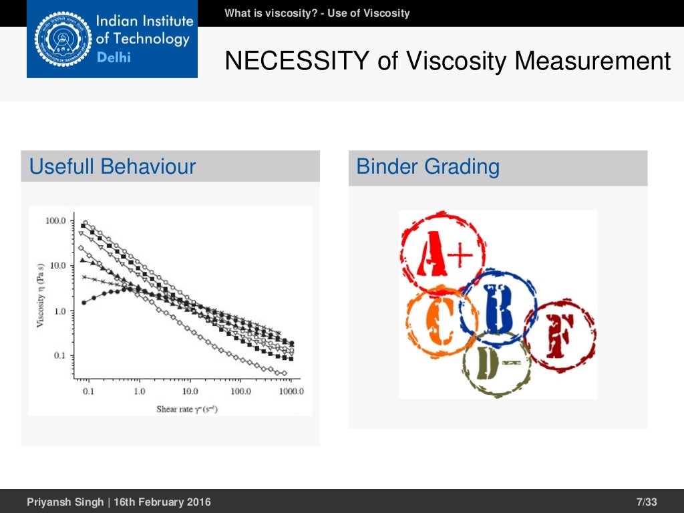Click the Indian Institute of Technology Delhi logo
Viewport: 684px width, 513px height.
click(x=112, y=39)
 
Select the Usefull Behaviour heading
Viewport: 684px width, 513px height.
click(x=112, y=166)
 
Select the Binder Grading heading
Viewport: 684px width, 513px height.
click(x=427, y=166)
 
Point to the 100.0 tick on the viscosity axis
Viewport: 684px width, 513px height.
click(x=55, y=220)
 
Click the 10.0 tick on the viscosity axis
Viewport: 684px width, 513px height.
click(x=57, y=266)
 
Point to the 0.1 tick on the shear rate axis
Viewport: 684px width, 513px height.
click(x=88, y=391)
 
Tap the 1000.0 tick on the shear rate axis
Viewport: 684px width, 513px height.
click(x=291, y=391)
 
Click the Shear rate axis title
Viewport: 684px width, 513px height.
click(x=186, y=409)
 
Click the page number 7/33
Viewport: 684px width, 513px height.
click(x=647, y=502)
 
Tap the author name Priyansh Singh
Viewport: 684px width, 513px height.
click(x=64, y=502)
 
